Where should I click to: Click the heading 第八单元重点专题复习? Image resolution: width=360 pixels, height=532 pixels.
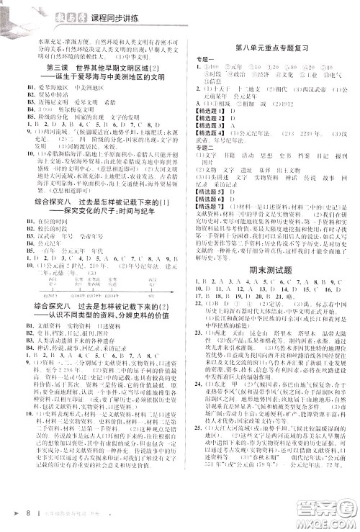[x=269, y=49]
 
